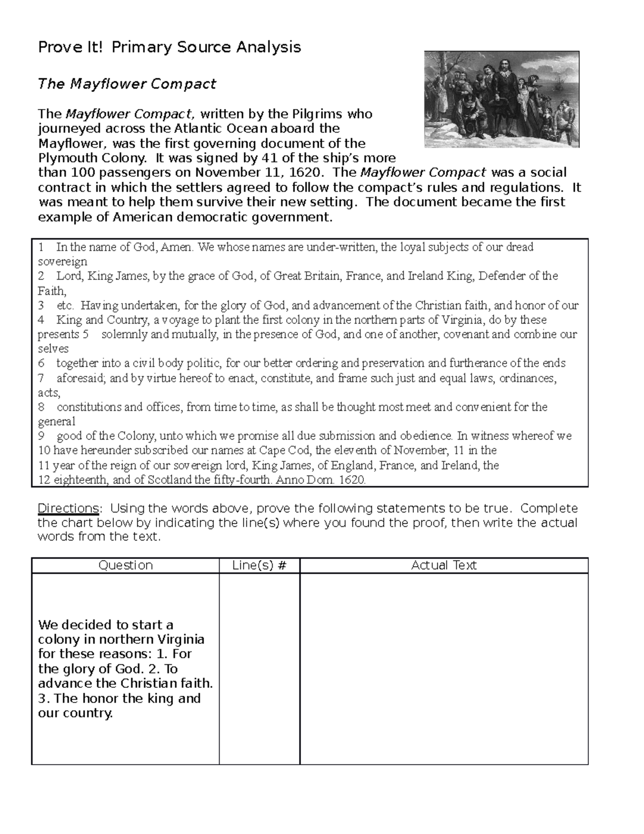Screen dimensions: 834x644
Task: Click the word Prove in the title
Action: [53, 47]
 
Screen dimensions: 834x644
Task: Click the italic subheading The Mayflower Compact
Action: [127, 84]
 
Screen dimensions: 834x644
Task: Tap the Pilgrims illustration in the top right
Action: [501, 99]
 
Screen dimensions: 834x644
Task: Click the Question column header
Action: [126, 565]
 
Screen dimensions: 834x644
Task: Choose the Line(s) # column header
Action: [259, 565]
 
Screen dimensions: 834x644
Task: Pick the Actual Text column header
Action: [444, 565]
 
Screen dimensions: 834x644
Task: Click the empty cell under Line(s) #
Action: [259, 669]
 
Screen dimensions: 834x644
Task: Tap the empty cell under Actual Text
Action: [444, 669]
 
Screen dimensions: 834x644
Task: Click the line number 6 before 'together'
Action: [41, 364]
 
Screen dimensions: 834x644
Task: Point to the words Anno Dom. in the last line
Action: [306, 480]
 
